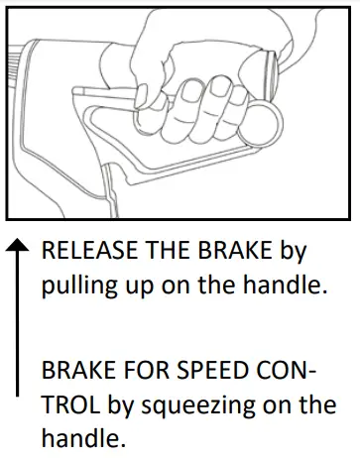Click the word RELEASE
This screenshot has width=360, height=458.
tap(83, 251)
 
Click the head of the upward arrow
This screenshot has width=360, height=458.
tap(17, 246)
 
